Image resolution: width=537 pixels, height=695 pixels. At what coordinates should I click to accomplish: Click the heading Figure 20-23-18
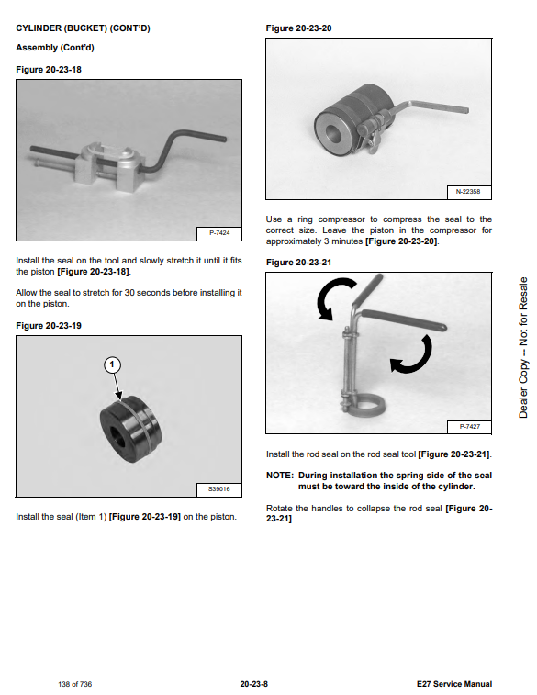(x=49, y=70)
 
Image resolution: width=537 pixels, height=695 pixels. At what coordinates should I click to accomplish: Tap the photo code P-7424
(x=219, y=232)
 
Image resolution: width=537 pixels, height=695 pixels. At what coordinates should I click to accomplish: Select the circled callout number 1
(x=112, y=364)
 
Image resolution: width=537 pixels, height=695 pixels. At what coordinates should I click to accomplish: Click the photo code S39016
(x=218, y=489)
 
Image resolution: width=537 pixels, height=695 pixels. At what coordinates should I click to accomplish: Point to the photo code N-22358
(x=468, y=192)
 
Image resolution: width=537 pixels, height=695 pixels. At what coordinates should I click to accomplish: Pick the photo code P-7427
(x=470, y=426)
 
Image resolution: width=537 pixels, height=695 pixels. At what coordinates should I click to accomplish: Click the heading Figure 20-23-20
(x=298, y=28)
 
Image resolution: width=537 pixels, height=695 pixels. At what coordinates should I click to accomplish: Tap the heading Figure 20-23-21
(x=298, y=263)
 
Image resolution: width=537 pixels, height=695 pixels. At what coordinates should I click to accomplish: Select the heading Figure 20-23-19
(x=49, y=326)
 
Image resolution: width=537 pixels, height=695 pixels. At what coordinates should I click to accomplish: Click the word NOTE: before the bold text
(x=280, y=476)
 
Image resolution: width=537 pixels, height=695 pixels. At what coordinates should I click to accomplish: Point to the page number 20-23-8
(x=254, y=684)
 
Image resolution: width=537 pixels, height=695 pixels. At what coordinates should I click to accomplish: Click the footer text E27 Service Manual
(x=454, y=684)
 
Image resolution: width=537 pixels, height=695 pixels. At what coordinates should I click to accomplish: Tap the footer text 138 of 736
(x=75, y=684)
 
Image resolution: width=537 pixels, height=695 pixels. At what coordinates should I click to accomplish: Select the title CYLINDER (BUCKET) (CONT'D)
(x=83, y=28)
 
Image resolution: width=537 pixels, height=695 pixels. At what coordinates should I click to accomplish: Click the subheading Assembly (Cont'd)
(x=55, y=48)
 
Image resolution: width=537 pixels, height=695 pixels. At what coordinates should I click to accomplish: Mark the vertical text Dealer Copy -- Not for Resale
(x=523, y=347)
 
